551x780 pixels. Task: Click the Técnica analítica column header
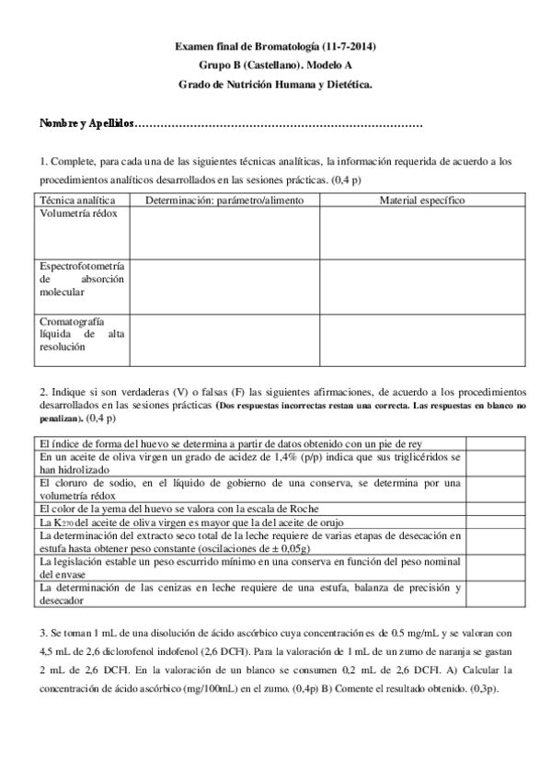[76, 200]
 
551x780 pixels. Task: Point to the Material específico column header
[422, 200]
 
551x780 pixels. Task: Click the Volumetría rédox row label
[78, 212]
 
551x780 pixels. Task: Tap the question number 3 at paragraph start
[41, 633]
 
